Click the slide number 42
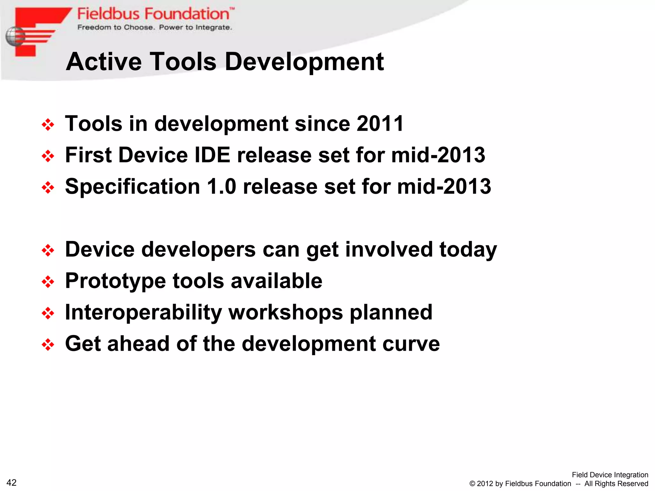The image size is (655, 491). pos(12,482)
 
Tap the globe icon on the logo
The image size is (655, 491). pos(15,36)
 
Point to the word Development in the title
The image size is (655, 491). pos(304,62)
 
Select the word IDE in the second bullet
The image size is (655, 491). pos(212,155)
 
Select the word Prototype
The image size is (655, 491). pos(115,281)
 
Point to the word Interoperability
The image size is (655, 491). pos(143,313)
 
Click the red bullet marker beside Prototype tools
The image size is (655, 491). pos(48,282)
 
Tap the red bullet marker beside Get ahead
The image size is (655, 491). pos(48,345)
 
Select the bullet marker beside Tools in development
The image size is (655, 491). pos(48,124)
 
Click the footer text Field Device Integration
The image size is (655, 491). pos(610,475)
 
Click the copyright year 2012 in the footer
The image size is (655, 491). pos(485,484)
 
